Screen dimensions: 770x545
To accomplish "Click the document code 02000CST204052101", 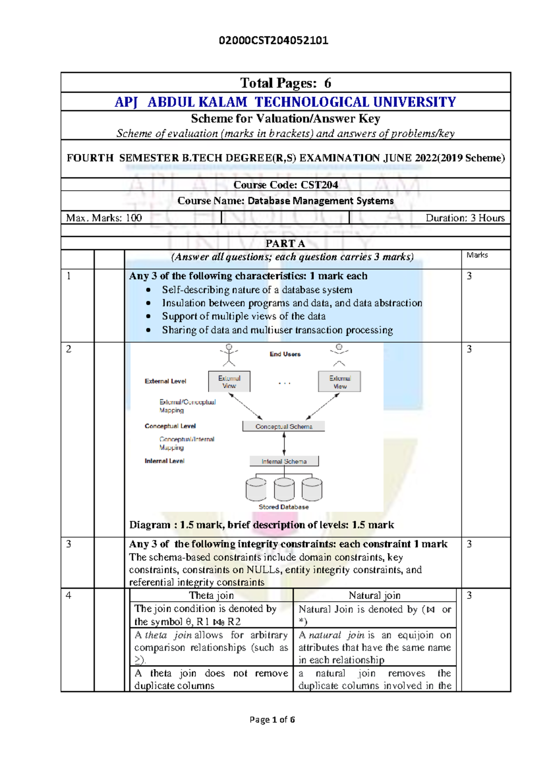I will click(x=273, y=40).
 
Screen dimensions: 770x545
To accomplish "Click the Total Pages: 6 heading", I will click(x=286, y=83).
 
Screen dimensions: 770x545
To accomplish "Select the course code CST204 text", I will click(x=286, y=185).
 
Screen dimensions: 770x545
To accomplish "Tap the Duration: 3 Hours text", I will click(x=465, y=218).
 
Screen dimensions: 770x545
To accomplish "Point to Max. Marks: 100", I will click(x=104, y=218).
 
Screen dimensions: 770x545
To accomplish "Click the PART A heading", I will click(x=285, y=243).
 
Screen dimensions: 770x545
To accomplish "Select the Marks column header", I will click(x=477, y=255).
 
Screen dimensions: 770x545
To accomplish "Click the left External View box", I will click(x=229, y=382).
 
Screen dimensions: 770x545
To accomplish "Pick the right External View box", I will click(x=339, y=382).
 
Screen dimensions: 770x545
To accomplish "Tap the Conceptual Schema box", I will click(x=284, y=426).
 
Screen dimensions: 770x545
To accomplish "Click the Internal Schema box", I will click(x=284, y=461).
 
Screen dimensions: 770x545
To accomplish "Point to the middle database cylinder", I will click(x=284, y=489).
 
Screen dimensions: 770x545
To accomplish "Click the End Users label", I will click(x=285, y=354).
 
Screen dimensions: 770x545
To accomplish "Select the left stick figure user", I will click(x=229, y=355).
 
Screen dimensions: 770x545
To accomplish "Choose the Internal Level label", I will click(x=164, y=461).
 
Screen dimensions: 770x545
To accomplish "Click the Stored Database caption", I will click(x=283, y=507).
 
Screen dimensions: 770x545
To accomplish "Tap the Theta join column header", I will click(x=211, y=595).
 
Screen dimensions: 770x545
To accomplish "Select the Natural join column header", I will click(x=374, y=595).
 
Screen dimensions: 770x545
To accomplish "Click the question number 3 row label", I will click(x=69, y=544).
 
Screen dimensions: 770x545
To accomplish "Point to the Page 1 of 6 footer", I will click(x=272, y=719).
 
